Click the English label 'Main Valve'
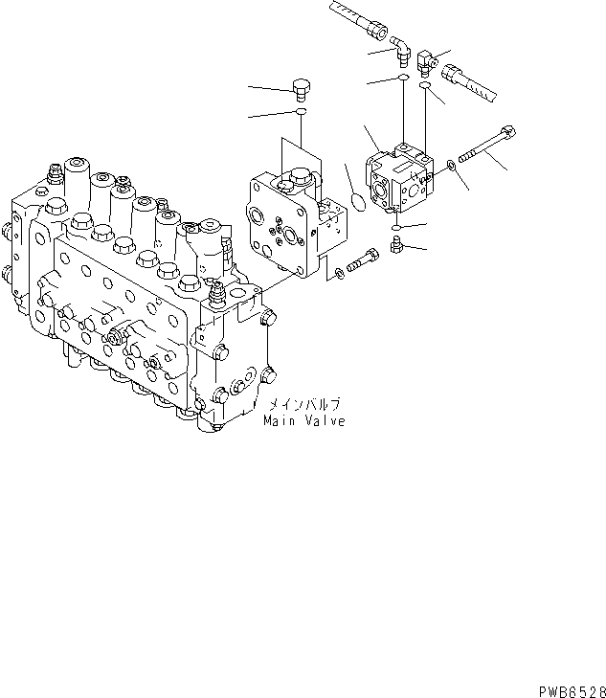(x=304, y=421)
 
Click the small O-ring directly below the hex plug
(x=301, y=113)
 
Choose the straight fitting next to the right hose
(x=428, y=65)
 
